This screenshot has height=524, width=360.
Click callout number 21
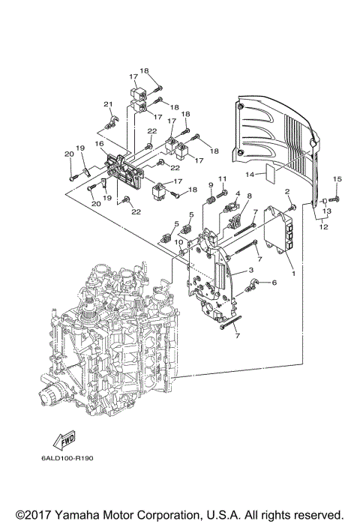click(107, 103)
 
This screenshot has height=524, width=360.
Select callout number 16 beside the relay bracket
click(98, 143)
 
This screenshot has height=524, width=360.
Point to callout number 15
click(337, 179)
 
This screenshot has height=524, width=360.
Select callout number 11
click(222, 178)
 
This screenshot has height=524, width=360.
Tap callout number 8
click(248, 196)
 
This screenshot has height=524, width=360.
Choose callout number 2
click(286, 193)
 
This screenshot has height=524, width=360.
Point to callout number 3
click(250, 270)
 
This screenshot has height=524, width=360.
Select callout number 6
click(274, 283)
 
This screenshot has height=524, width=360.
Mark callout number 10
click(178, 242)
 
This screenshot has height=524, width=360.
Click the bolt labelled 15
click(331, 199)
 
